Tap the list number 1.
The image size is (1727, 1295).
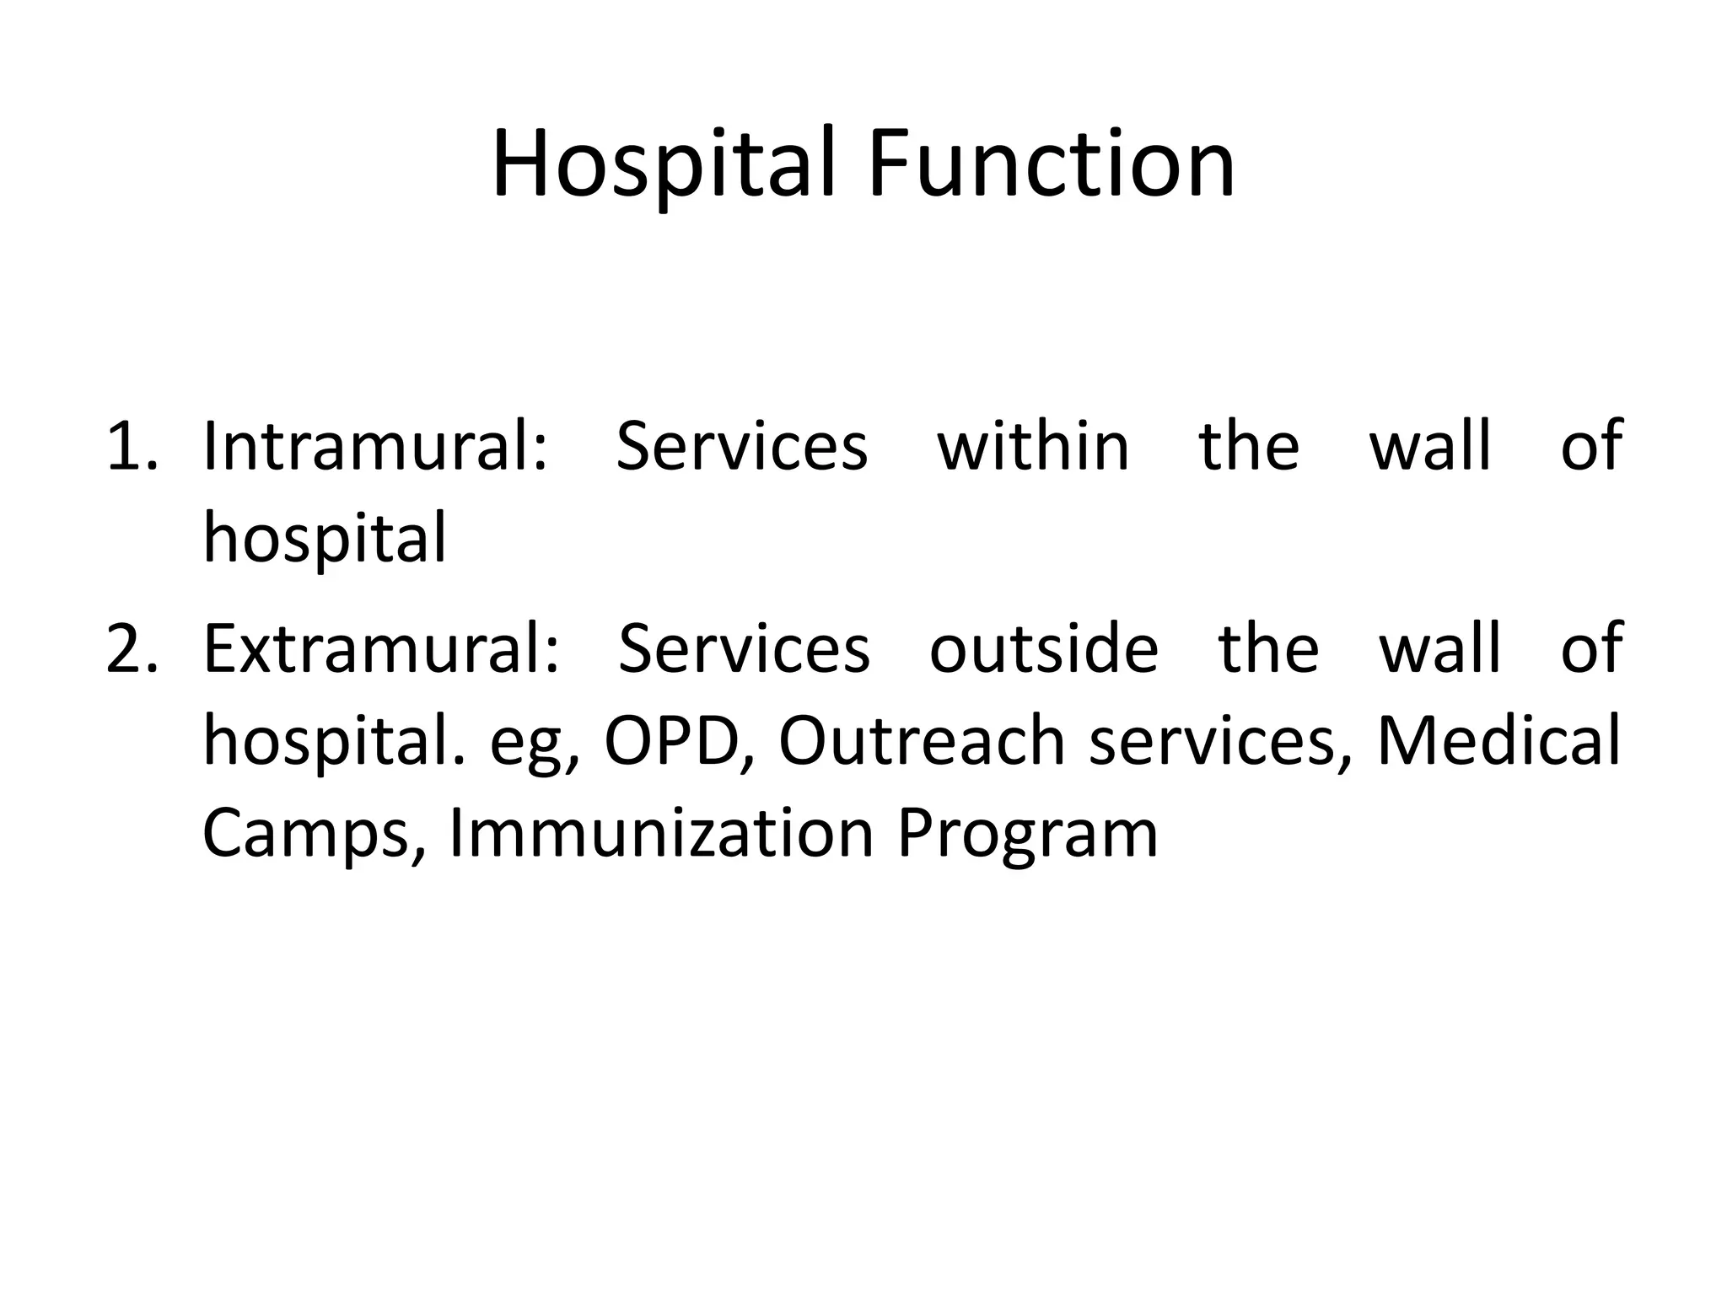point(131,446)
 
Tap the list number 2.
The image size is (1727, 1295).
point(131,648)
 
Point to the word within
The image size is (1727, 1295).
point(1033,446)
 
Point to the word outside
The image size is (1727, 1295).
point(1044,648)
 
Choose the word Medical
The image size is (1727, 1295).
point(1498,741)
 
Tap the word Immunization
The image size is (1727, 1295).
point(661,834)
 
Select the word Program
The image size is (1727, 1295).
point(1027,834)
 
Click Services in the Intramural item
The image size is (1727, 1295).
point(742,446)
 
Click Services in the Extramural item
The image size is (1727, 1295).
point(744,648)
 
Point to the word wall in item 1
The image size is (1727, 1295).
point(1430,446)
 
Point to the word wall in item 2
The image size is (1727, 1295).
point(1440,648)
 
